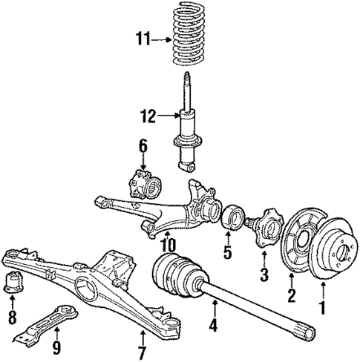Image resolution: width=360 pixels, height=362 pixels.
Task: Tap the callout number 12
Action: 148,115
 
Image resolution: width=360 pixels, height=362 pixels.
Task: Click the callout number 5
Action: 228,252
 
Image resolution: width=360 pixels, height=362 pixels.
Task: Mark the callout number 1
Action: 321,306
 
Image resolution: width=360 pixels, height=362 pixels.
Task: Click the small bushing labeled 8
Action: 15,283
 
